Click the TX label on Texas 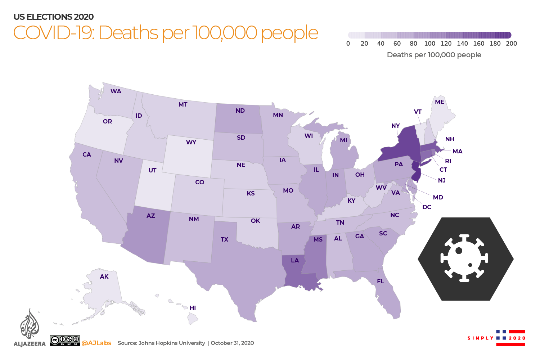click(224, 239)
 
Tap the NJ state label click(442, 180)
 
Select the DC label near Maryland click(427, 207)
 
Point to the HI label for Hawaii click(193, 308)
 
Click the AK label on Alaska click(104, 276)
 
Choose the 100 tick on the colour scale click(429, 44)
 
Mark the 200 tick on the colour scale click(511, 44)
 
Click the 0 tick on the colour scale click(348, 44)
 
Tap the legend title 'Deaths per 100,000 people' click(434, 55)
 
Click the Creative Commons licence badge click(65, 340)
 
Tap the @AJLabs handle click(96, 343)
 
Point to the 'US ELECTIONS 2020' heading click(54, 17)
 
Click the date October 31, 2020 click(232, 343)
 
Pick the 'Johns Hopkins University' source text click(172, 343)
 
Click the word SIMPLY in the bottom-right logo click(480, 338)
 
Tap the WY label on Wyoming click(191, 142)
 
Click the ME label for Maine click(439, 102)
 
